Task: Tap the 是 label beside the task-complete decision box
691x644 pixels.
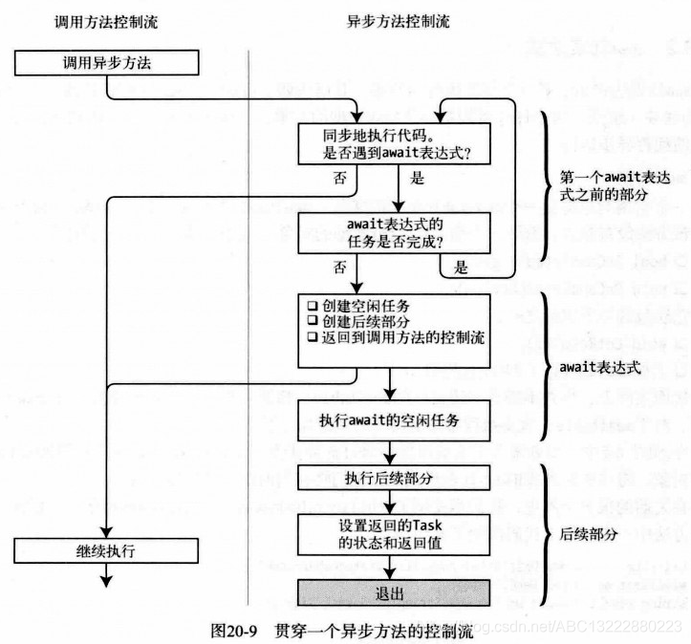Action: tap(462, 267)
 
